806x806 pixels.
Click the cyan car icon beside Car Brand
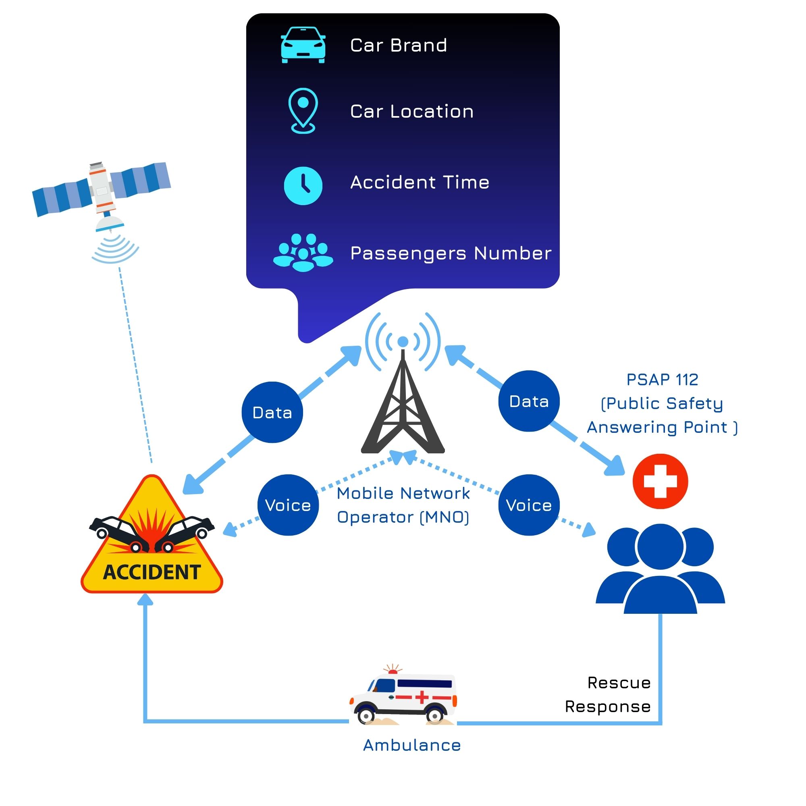[303, 45]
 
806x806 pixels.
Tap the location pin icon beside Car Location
[303, 110]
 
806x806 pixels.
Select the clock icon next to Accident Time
[303, 186]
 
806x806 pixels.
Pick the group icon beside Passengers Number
[303, 253]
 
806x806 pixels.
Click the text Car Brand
[399, 45]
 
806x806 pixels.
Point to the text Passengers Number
[451, 253]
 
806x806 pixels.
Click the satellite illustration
[102, 191]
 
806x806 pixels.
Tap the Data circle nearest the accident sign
[272, 412]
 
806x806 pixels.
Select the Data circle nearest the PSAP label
[529, 401]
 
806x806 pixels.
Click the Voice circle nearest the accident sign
[288, 505]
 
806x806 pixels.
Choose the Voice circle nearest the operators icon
[529, 505]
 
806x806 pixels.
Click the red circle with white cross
[660, 481]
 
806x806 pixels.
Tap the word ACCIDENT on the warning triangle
[152, 572]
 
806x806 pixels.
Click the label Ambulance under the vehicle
[412, 745]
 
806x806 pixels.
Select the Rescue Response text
[608, 695]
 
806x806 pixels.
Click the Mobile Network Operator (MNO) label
[403, 505]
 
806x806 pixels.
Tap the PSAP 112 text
[662, 380]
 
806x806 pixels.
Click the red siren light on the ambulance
[393, 671]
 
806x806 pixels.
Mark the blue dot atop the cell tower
[403, 342]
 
